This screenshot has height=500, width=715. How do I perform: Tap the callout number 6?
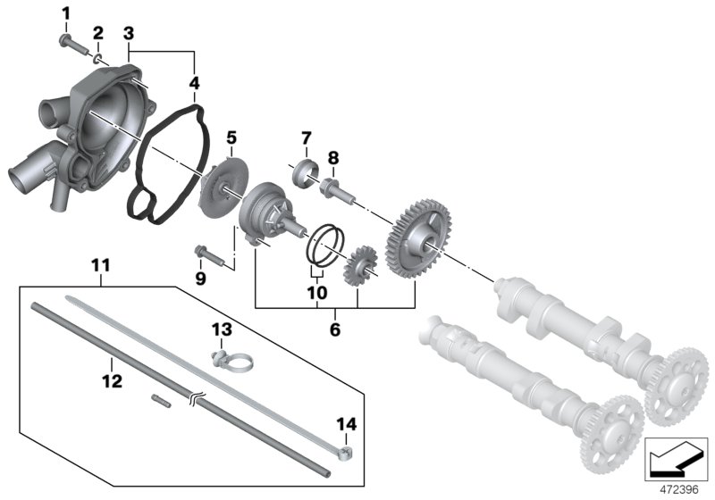(x=335, y=329)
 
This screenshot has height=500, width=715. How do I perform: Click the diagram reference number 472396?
(x=680, y=490)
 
